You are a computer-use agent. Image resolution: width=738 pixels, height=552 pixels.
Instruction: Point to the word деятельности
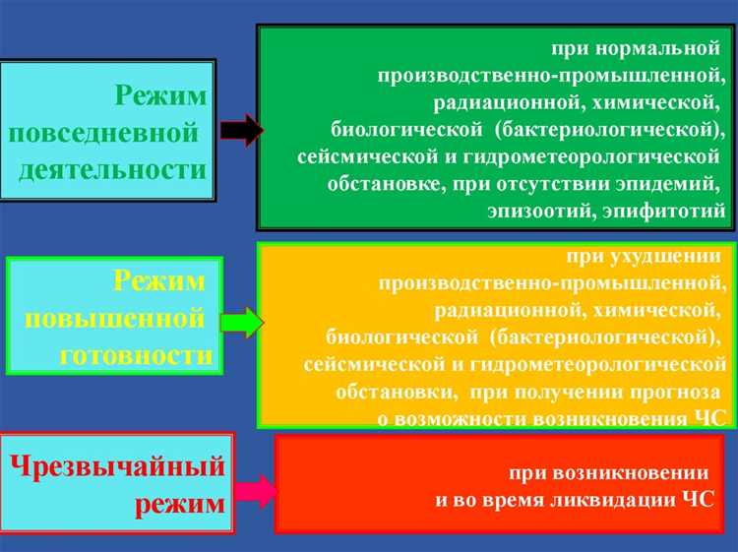tap(112, 169)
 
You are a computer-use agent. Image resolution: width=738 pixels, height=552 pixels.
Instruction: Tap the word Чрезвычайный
tap(118, 466)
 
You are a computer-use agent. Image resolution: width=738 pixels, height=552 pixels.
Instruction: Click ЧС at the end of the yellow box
tap(708, 418)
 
